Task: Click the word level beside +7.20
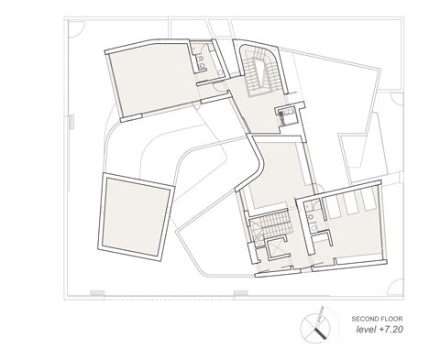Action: [x=366, y=330]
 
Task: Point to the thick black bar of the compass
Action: [x=320, y=333]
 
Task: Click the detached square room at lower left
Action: [x=137, y=217]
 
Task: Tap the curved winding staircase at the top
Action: [x=259, y=71]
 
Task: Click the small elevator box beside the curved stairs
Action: [x=287, y=116]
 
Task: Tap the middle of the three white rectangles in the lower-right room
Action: [x=351, y=203]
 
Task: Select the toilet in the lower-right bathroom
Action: [x=310, y=217]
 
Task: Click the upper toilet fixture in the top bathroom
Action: [x=201, y=58]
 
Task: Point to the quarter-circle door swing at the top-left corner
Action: [x=76, y=29]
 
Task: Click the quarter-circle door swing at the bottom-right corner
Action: [x=395, y=287]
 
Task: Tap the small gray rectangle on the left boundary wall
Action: [x=71, y=122]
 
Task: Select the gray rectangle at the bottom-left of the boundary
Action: [x=97, y=293]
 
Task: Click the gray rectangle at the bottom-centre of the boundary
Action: [x=241, y=293]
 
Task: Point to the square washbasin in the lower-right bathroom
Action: [x=313, y=227]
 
